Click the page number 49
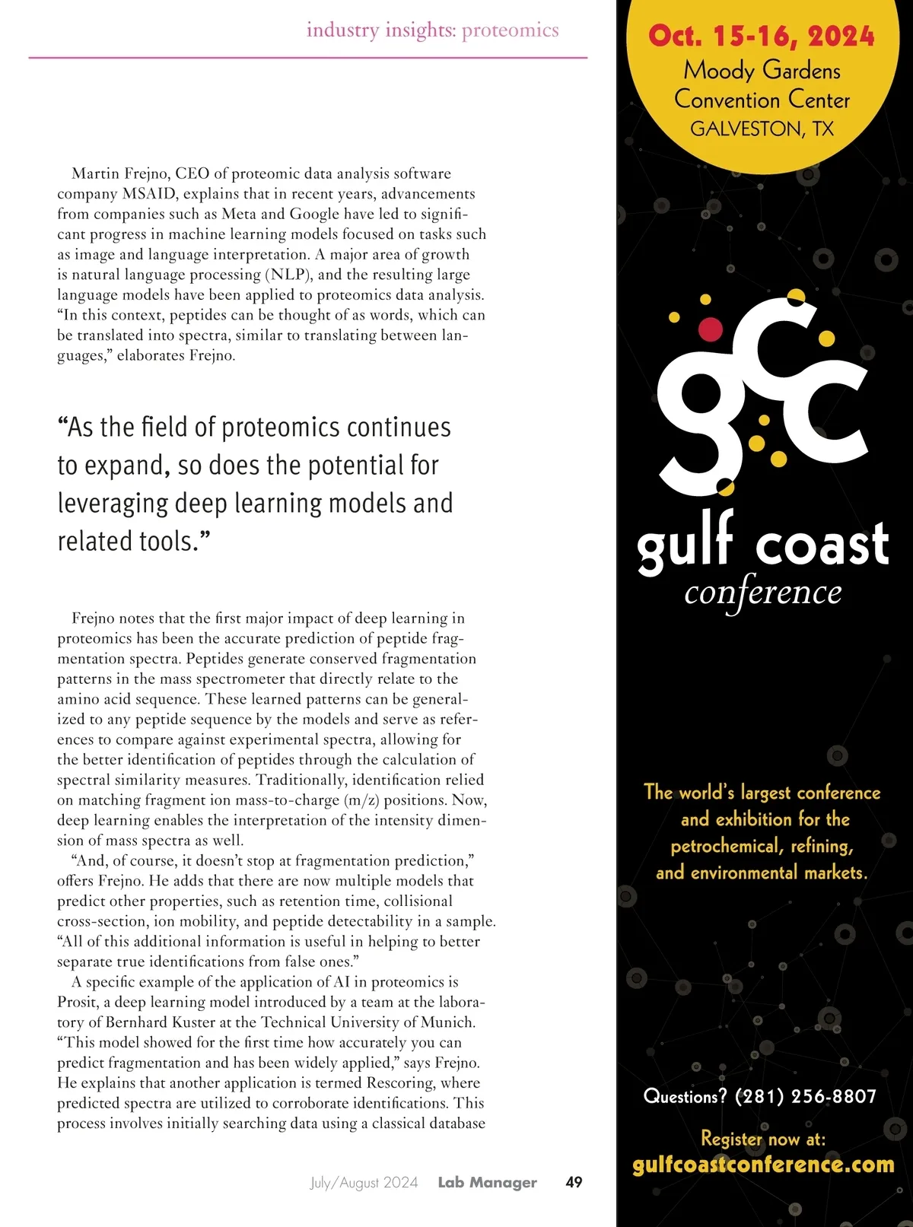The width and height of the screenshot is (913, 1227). click(x=574, y=1182)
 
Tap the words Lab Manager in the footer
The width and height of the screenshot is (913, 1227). click(x=487, y=1182)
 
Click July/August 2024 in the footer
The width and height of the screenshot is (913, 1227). click(x=364, y=1182)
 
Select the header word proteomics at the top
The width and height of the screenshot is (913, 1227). click(x=510, y=30)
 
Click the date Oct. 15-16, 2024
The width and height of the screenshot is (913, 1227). click(x=762, y=36)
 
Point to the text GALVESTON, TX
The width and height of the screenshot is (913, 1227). click(x=762, y=129)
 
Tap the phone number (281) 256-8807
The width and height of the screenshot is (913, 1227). click(x=805, y=1096)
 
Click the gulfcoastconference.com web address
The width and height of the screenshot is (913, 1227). click(x=763, y=1165)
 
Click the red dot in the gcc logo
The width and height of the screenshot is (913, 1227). click(x=710, y=329)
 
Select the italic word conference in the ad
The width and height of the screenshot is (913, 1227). click(x=763, y=593)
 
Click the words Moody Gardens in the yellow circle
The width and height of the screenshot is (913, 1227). click(x=762, y=70)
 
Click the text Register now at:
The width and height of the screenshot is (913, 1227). click(x=763, y=1139)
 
